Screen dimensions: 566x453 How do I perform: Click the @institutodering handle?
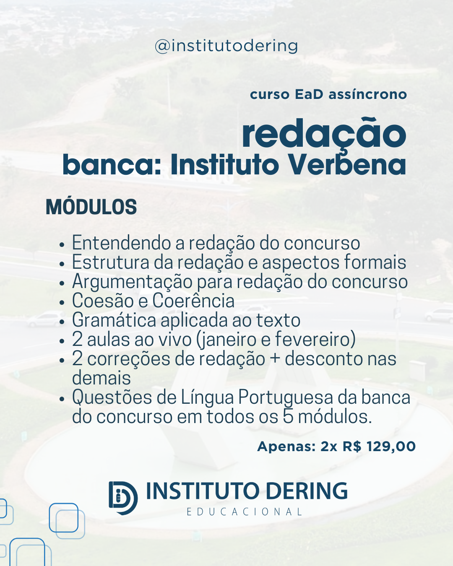[x=226, y=46]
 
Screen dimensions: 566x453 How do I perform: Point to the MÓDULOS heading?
[x=91, y=207]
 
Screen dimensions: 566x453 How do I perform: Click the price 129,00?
[x=391, y=447]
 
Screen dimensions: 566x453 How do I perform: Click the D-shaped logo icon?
[x=123, y=498]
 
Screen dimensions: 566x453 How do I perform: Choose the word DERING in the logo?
[x=307, y=491]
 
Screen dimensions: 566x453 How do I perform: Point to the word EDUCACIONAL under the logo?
[x=245, y=512]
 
